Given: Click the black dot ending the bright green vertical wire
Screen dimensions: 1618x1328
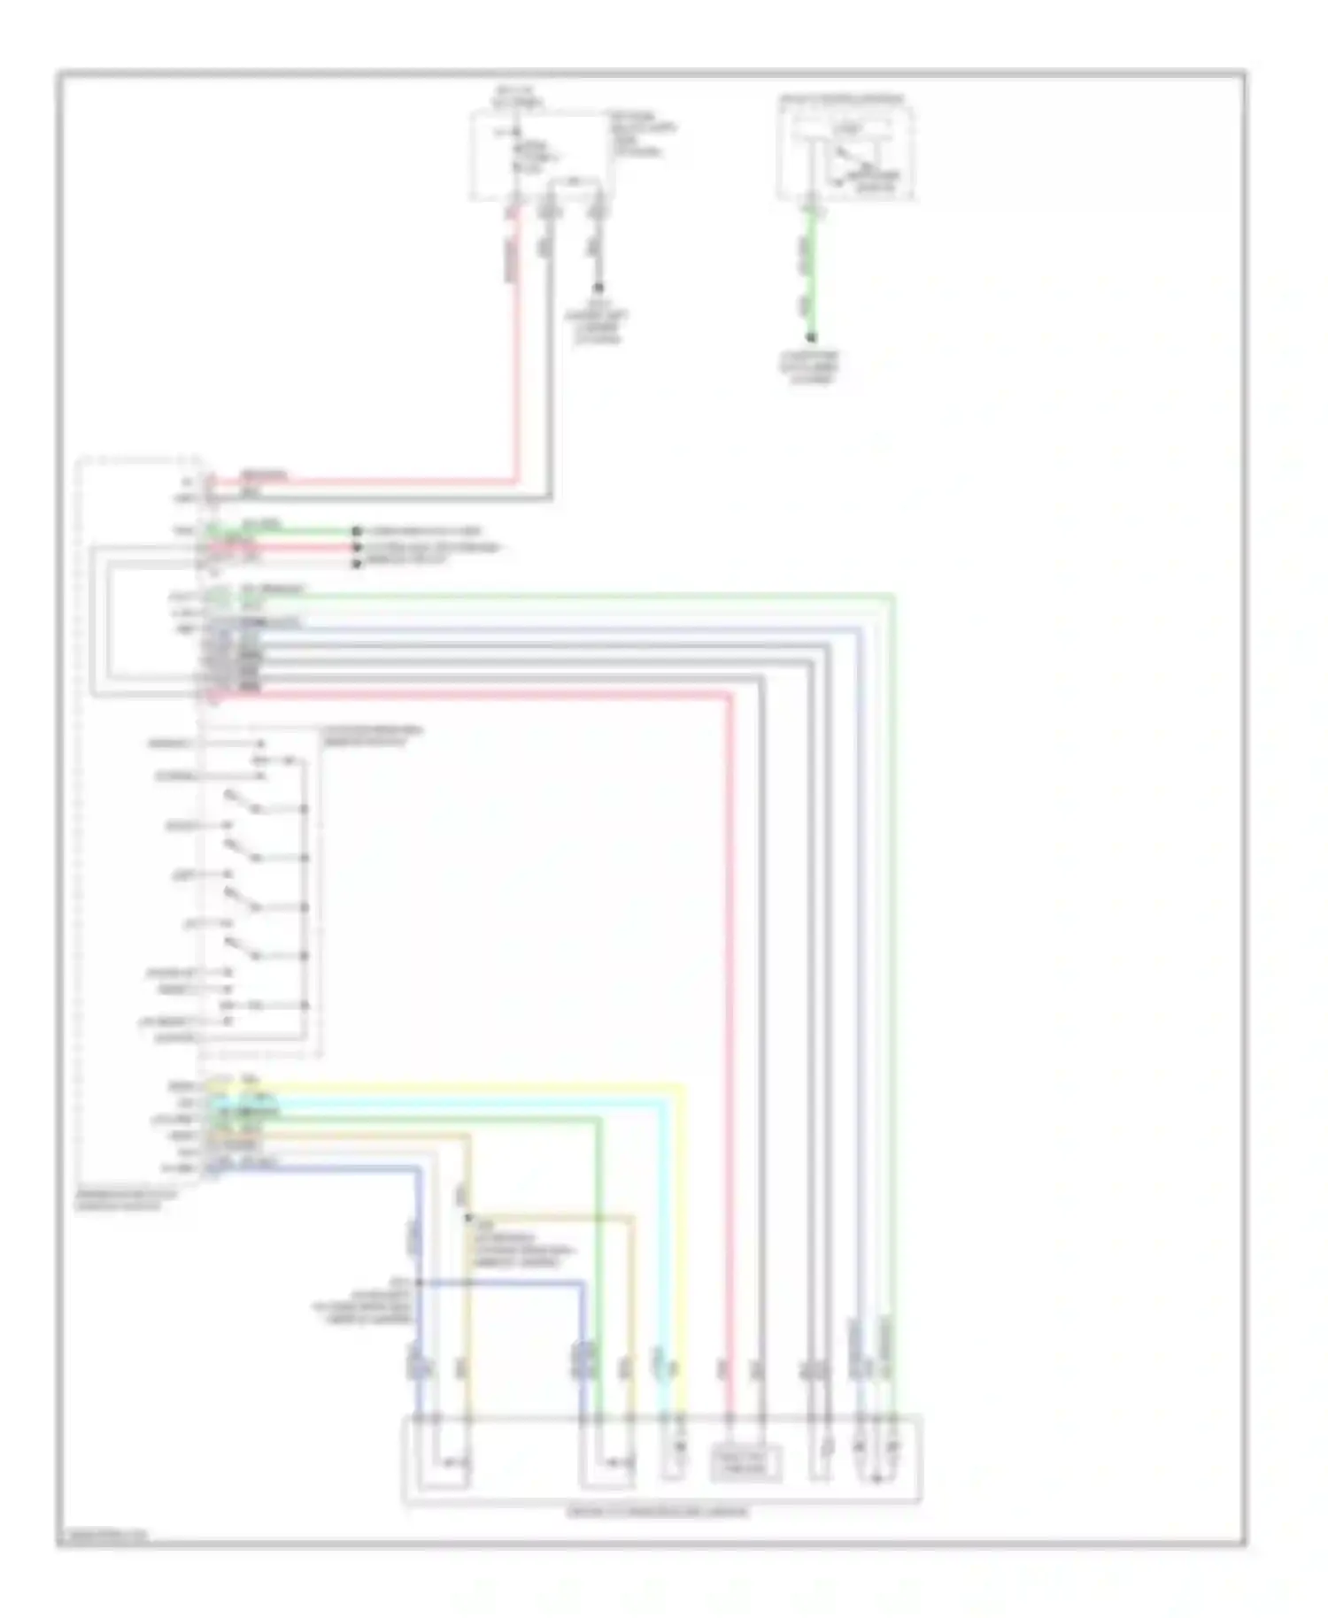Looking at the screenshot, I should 810,337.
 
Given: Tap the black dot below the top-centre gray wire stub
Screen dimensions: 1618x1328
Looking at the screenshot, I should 598,288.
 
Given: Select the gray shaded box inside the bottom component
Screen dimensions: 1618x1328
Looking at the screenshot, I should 745,1462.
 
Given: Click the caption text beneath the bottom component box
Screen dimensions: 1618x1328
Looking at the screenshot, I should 657,1512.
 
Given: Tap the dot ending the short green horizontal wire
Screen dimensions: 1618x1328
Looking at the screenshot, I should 357,531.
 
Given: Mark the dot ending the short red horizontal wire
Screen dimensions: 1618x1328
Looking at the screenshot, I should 357,547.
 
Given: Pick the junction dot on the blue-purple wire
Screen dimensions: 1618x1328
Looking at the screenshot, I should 418,1283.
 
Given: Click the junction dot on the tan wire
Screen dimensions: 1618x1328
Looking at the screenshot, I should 467,1217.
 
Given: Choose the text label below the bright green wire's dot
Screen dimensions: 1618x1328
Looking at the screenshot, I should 810,367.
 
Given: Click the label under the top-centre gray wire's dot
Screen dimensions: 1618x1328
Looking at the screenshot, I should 598,323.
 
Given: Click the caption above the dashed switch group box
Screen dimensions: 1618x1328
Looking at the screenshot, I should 372,736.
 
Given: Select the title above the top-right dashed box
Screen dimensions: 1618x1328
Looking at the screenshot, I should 842,98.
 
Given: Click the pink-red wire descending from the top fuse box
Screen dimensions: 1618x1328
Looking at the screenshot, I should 513,354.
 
